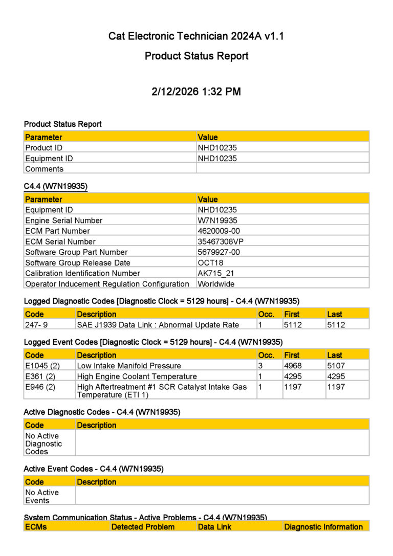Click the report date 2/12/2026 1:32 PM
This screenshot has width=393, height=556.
point(196,92)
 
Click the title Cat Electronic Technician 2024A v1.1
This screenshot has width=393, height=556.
point(196,36)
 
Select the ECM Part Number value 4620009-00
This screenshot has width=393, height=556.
point(219,231)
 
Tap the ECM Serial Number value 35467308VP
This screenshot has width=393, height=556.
point(221,241)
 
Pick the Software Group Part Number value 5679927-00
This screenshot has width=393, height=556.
point(219,252)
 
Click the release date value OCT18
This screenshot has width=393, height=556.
point(210,263)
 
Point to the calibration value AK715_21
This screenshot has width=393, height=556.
point(215,273)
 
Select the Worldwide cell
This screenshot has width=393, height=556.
point(216,284)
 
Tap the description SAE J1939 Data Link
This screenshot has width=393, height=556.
point(165,325)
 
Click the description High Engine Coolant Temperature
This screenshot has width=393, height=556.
point(137,376)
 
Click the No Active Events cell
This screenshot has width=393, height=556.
point(42,496)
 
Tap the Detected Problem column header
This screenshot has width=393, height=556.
point(143,527)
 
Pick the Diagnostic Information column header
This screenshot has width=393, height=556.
point(323,527)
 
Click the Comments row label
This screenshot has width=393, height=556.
point(45,169)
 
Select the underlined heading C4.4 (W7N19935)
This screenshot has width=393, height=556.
point(56,187)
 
